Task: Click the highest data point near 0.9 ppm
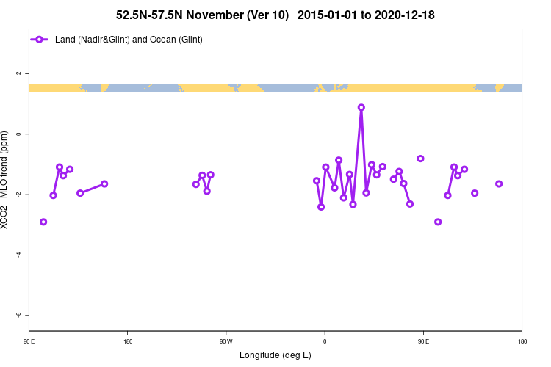[361, 107]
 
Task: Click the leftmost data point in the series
[43, 222]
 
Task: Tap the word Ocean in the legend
[164, 39]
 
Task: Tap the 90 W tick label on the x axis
[226, 341]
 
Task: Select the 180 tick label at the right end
[522, 341]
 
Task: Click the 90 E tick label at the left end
[29, 341]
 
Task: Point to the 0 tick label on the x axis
[325, 341]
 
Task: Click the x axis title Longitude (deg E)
[275, 355]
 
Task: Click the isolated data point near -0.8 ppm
[420, 159]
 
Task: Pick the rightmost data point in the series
[499, 183]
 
